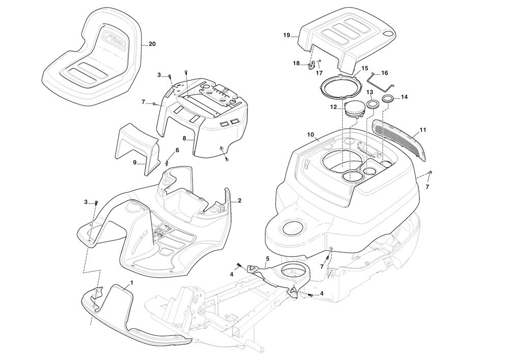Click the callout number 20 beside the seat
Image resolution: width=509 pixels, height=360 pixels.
152,44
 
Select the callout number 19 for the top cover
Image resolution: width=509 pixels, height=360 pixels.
287,35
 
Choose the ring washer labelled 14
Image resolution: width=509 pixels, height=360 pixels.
387,97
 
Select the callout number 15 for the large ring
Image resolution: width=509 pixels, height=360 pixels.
364,68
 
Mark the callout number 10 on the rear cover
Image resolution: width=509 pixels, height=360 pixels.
310,134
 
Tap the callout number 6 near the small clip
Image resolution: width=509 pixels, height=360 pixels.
177,150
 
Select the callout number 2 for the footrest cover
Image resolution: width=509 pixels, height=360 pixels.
240,201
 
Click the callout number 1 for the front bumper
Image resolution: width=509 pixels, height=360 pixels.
131,282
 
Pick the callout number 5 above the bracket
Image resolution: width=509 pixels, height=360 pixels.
267,259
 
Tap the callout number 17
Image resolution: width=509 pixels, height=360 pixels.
320,73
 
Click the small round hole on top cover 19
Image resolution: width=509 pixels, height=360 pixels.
388,34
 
